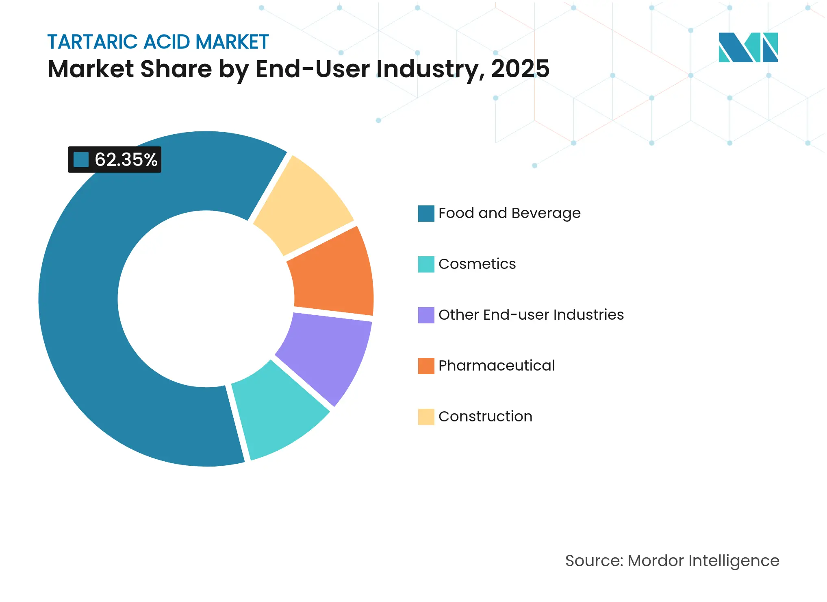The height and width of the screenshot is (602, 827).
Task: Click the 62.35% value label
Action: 126,160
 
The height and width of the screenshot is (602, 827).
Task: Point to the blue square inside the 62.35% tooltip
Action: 81,160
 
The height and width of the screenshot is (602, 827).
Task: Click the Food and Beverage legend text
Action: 509,213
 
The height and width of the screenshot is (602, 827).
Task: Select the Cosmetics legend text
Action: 477,264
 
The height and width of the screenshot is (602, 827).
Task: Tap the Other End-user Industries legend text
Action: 531,315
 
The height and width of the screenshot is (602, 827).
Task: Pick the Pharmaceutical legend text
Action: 496,366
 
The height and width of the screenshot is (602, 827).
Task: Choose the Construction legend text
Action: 485,417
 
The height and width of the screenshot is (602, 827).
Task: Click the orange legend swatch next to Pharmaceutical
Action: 426,366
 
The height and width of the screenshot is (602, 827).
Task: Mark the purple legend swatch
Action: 426,315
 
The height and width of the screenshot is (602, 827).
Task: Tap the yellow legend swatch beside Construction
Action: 426,417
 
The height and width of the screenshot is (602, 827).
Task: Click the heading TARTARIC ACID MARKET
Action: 158,42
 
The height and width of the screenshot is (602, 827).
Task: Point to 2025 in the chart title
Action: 520,69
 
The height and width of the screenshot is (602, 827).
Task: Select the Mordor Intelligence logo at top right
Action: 748,47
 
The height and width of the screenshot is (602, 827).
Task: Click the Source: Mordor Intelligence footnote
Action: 672,561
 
